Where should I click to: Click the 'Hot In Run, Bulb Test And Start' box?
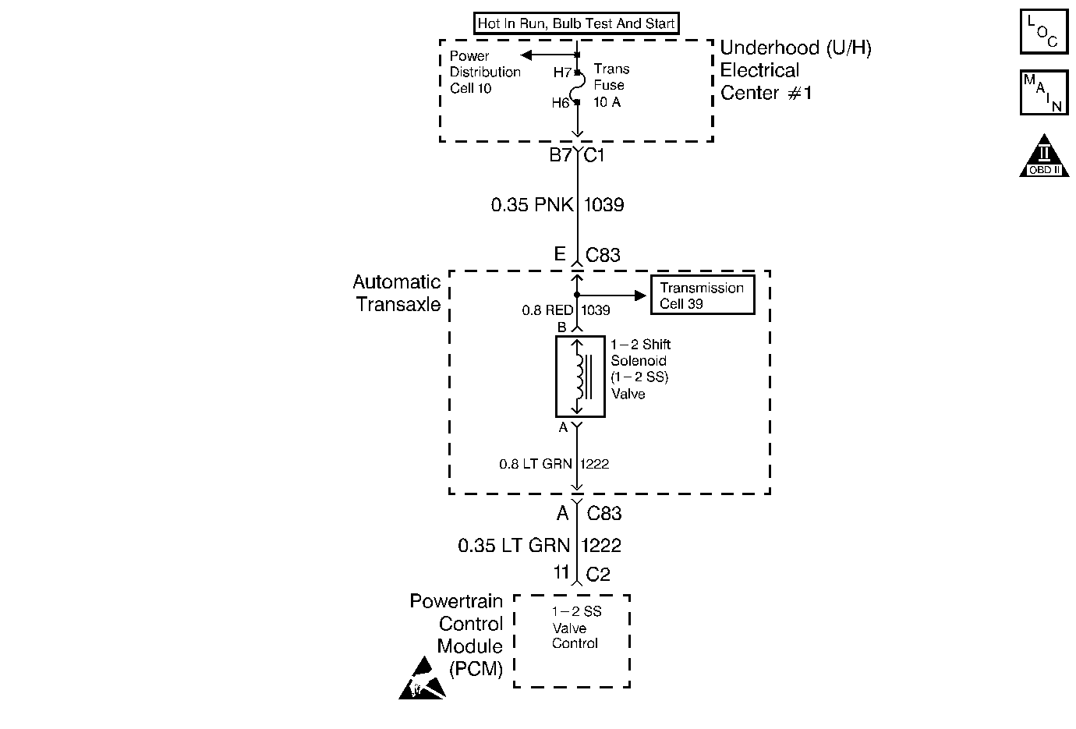tap(575, 23)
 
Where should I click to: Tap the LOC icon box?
tap(1043, 32)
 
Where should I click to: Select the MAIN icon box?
tap(1043, 93)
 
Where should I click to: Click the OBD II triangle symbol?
tap(1043, 157)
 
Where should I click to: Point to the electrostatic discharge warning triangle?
tap(422, 679)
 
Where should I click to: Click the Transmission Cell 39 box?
tap(702, 295)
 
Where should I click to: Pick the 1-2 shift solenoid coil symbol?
tap(579, 377)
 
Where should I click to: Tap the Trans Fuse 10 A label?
tap(611, 86)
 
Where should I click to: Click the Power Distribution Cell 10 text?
tap(484, 73)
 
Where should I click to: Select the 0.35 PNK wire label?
tap(532, 205)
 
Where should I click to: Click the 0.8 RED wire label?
tap(547, 310)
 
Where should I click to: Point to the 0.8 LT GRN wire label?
tap(536, 464)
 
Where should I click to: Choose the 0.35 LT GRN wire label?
tap(514, 545)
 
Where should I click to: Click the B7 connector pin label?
tap(560, 155)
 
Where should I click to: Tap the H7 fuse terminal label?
tap(562, 73)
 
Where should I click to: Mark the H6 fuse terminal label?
tap(561, 103)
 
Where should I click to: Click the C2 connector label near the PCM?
tap(597, 575)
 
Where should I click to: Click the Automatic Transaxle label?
tap(397, 292)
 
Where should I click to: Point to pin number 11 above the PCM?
tap(561, 572)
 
